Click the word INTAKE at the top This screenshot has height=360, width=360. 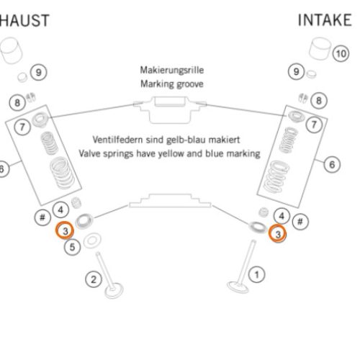pos(325,20)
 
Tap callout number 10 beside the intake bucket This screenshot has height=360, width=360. pos(341,53)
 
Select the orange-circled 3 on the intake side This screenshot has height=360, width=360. pos(277,233)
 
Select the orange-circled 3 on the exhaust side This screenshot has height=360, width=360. pos(65,230)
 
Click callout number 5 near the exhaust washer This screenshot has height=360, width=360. pos(72,247)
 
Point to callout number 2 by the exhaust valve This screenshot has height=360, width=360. pos(94,279)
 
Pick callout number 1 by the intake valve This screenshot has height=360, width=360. pos(257,274)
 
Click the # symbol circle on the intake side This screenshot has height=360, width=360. pos(300,221)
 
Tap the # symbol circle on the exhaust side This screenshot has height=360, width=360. pos(42,217)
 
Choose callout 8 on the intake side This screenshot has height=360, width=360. pos(319,101)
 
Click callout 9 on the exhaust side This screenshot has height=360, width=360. pos(38,72)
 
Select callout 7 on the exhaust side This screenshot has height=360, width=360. pos(22,127)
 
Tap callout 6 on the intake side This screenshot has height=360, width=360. pos(332,164)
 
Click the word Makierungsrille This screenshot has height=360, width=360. pos(172,70)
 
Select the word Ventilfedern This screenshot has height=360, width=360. pos(117,140)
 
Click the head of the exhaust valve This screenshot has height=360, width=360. pos(114,290)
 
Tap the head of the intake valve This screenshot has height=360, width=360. pos(238,287)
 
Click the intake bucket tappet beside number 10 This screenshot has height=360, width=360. pos(320,49)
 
